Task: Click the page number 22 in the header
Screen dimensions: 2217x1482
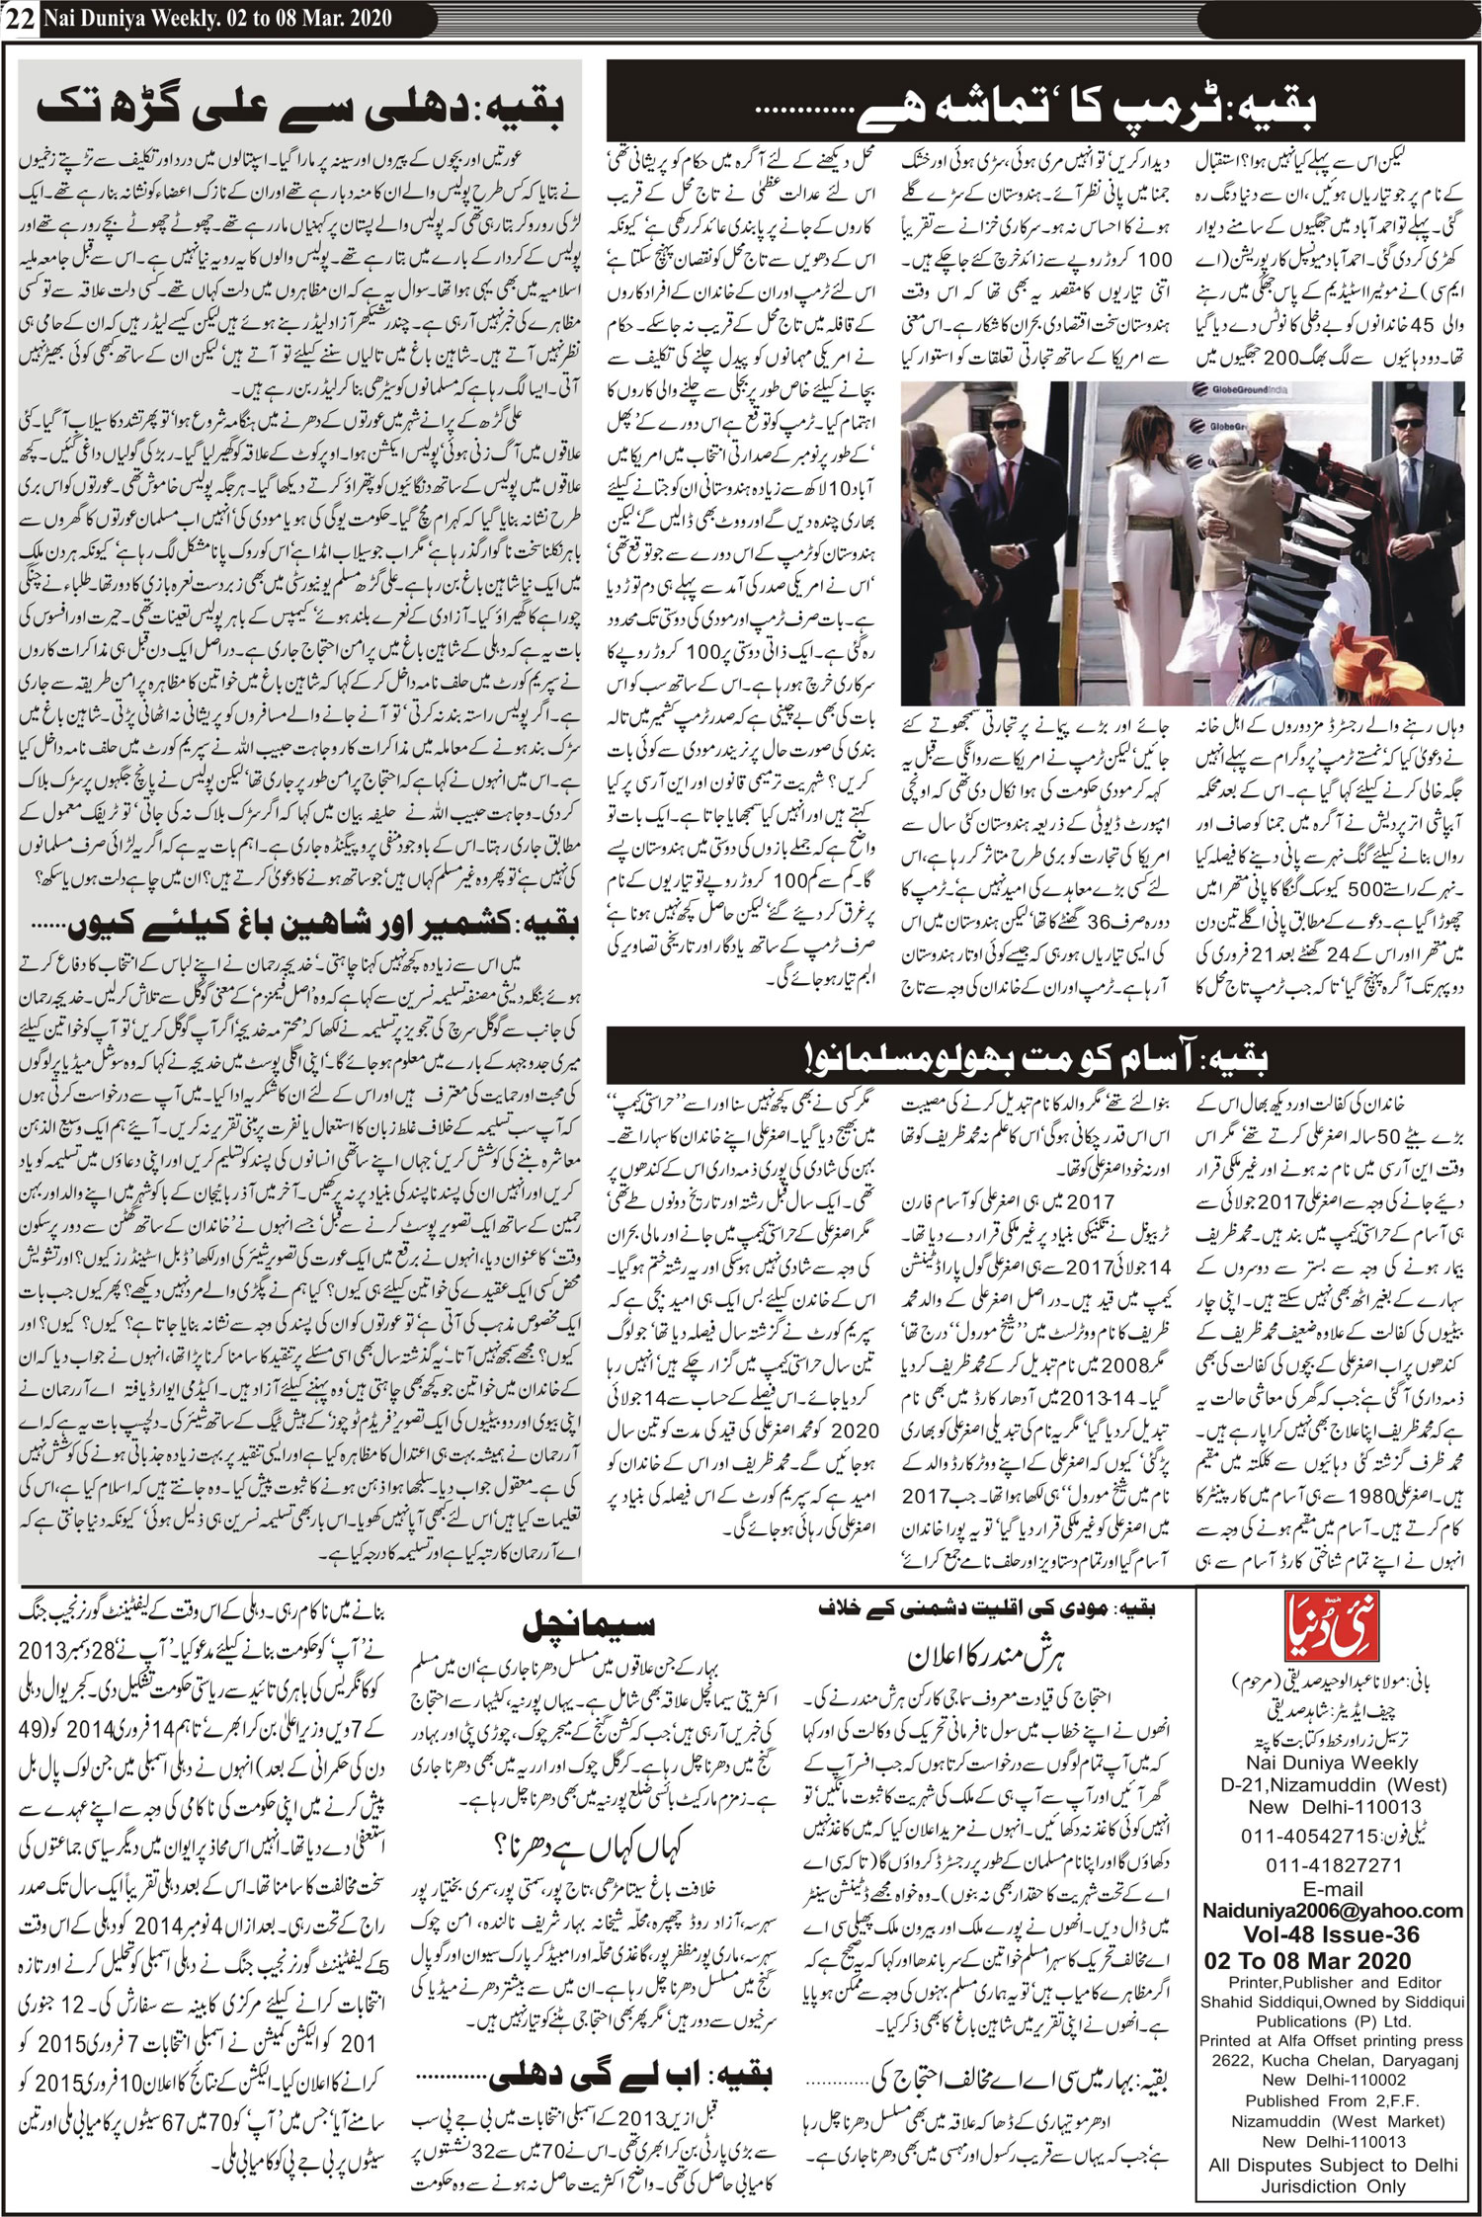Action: (x=19, y=19)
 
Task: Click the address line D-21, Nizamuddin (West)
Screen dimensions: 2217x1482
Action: (x=1332, y=1784)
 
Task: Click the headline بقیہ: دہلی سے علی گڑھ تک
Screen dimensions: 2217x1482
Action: (x=300, y=107)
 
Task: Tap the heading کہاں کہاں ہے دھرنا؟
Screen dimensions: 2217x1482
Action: (x=590, y=1846)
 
